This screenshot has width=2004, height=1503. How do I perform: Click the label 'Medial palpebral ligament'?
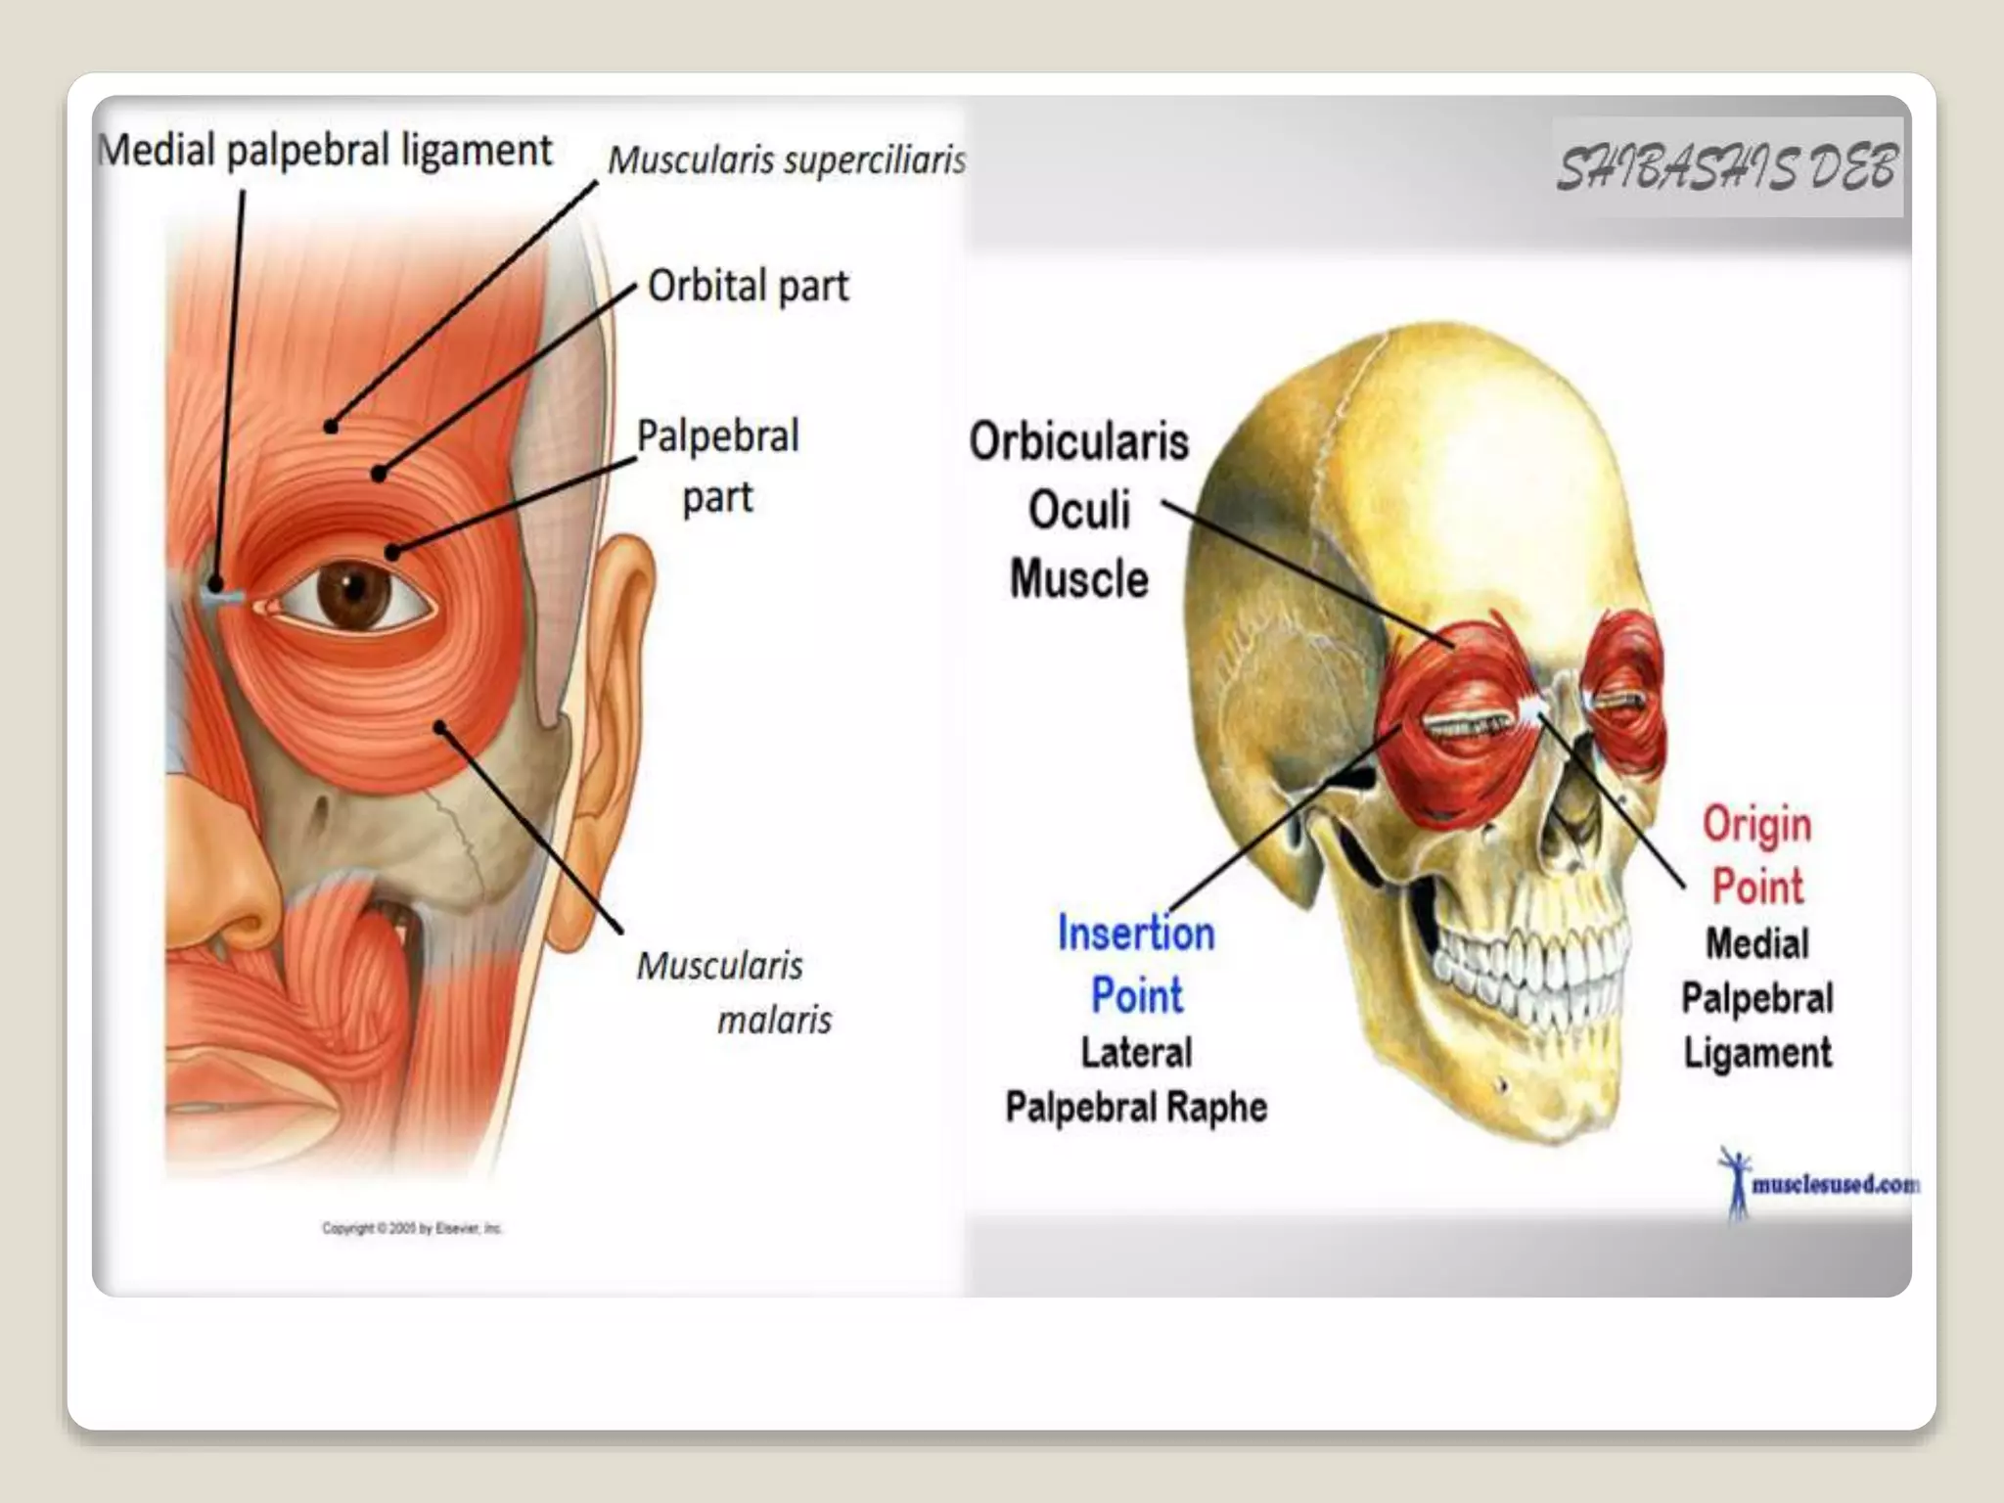pos(325,152)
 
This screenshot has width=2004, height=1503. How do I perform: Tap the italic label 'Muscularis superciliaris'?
pos(786,159)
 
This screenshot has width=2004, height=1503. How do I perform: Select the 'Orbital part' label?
pos(748,287)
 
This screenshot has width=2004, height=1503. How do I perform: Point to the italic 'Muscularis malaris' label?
pos(734,992)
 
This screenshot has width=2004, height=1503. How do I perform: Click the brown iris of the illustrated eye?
pos(354,591)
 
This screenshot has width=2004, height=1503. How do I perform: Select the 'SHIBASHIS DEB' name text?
pos(1727,168)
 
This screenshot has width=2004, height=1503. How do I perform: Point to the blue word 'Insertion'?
pos(1136,934)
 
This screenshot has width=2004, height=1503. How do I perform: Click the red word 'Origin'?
pos(1757,825)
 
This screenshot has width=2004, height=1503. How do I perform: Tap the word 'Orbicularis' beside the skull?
pos(1079,441)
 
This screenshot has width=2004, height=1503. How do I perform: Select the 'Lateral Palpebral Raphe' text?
pos(1136,1080)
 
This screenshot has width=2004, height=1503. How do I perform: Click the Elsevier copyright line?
pos(412,1228)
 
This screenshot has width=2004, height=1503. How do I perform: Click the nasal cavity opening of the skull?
pos(1571,812)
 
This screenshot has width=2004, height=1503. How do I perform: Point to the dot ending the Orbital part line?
pos(379,475)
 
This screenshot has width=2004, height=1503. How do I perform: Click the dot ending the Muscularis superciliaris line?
pos(331,427)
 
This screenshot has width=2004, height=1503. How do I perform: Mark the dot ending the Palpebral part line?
pos(392,553)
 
